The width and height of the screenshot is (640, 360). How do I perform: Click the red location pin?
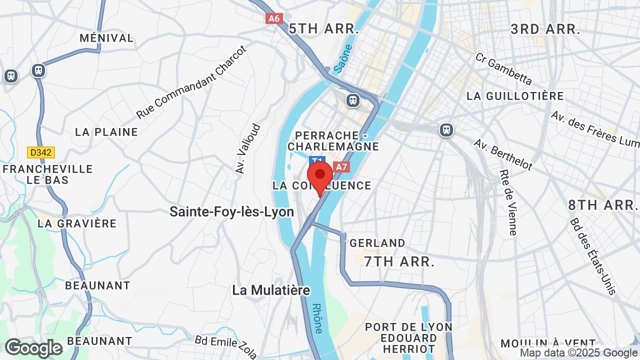coord(320,176)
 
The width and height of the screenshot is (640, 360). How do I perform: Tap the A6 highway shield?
coord(274,18)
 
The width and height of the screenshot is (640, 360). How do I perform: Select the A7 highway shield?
coord(341,167)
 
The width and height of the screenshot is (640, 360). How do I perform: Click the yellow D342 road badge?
coord(41,152)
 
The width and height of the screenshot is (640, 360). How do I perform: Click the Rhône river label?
coord(317,318)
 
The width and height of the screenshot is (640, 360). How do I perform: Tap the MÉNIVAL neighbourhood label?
coord(106,38)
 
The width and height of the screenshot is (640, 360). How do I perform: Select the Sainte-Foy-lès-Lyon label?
coord(231,212)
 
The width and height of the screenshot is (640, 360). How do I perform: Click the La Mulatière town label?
coord(271,290)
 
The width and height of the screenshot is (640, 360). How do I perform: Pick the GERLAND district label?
coord(377,243)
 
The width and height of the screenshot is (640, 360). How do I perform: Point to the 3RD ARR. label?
coord(545,29)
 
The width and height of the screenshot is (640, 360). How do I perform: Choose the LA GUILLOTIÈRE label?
coord(515,96)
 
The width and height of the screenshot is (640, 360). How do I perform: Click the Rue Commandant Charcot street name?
coord(192,82)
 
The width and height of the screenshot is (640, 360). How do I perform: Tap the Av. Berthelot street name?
coord(503,154)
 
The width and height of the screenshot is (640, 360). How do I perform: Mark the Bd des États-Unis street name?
coord(593,256)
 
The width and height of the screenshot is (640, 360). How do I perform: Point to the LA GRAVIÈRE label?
coord(77,223)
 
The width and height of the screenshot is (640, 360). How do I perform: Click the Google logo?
coord(33,348)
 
